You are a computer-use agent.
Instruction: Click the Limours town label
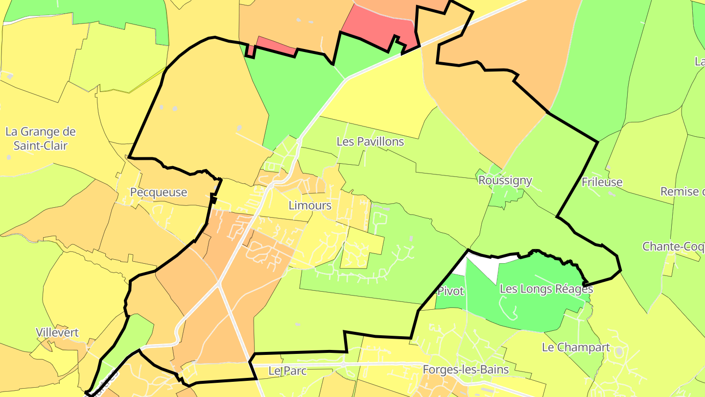coord(310,205)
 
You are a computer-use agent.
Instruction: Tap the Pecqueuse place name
coord(159,192)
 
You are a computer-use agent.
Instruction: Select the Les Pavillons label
coord(370,142)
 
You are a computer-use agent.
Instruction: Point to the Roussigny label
coord(505,180)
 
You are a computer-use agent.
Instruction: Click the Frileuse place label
coord(602,182)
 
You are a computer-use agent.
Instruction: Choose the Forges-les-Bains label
coord(466,370)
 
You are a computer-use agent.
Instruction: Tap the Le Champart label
coord(576,347)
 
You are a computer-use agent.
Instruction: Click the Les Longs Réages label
coord(546,289)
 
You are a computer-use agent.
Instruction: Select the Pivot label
coord(450,291)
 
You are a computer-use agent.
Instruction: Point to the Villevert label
coord(57,333)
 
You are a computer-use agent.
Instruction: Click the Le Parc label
coord(287,371)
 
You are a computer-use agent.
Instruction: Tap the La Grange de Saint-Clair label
coord(41,139)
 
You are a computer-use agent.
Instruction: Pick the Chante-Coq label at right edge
coord(673,247)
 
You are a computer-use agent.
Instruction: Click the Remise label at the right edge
coord(682,191)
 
